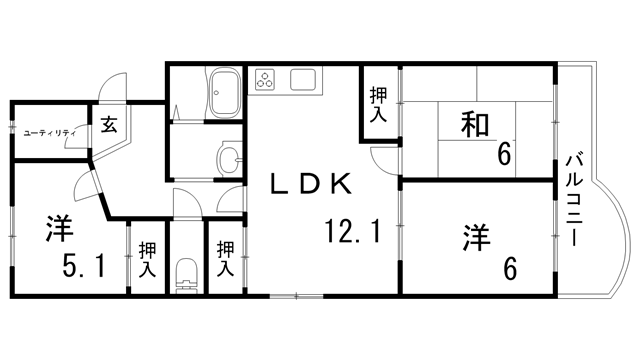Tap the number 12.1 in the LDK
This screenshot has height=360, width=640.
pos(353,232)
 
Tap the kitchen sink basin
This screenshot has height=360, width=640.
pos(303,79)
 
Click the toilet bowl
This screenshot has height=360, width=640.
pos(186,274)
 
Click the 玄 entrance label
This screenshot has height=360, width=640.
pos(109,126)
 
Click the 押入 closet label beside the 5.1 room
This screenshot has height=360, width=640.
pos(146,259)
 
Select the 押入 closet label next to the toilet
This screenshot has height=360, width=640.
pos(226,259)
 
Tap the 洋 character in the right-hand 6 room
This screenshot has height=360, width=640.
pos(475,237)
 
